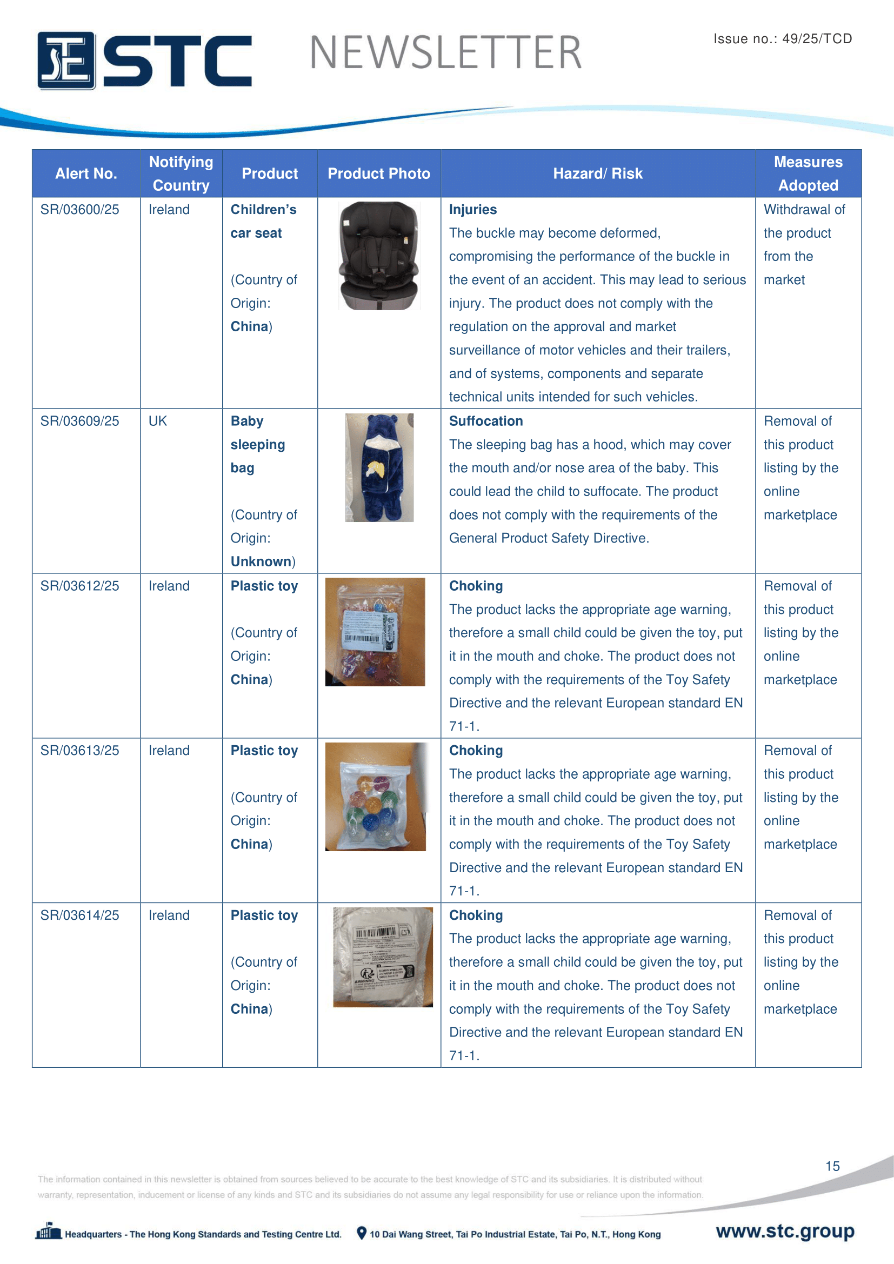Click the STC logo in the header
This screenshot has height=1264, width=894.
pos(144,61)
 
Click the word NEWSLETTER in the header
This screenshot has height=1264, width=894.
pos(446,53)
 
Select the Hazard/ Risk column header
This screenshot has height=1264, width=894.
pos(597,173)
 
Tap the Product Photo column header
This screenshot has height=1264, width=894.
pos(379,173)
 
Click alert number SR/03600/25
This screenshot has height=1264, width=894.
pos(80,210)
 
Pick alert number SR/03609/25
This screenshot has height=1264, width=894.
pos(80,421)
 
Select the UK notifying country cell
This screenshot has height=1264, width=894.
pos(158,421)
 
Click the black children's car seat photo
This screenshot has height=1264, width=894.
pos(379,256)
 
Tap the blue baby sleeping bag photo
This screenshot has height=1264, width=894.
pos(379,467)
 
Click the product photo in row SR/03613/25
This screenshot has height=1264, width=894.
pos(376,797)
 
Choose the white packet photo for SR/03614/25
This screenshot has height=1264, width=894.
pos(383,957)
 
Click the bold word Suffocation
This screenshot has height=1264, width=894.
pos(485,421)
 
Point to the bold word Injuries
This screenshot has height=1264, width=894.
pos(472,210)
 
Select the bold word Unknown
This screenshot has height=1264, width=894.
pos(261,561)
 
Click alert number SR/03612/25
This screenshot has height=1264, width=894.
pos(80,586)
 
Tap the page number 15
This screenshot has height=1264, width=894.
pos(832,1166)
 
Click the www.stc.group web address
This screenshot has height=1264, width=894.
pos(785,1231)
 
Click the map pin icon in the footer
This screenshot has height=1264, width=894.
pos(361,1233)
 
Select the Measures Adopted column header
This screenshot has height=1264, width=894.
pos(808,173)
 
